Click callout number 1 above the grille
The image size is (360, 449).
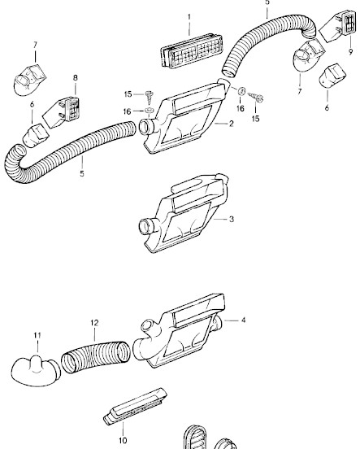(189, 17)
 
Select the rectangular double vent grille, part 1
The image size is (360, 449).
(191, 50)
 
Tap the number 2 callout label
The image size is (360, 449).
(231, 124)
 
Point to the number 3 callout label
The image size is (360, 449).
(232, 219)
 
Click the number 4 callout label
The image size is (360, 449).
(243, 320)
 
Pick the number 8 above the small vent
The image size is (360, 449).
(76, 78)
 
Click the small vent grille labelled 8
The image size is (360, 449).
(61, 111)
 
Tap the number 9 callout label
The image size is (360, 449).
(350, 52)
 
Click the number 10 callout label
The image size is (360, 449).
(123, 440)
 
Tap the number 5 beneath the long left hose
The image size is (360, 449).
(82, 173)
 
